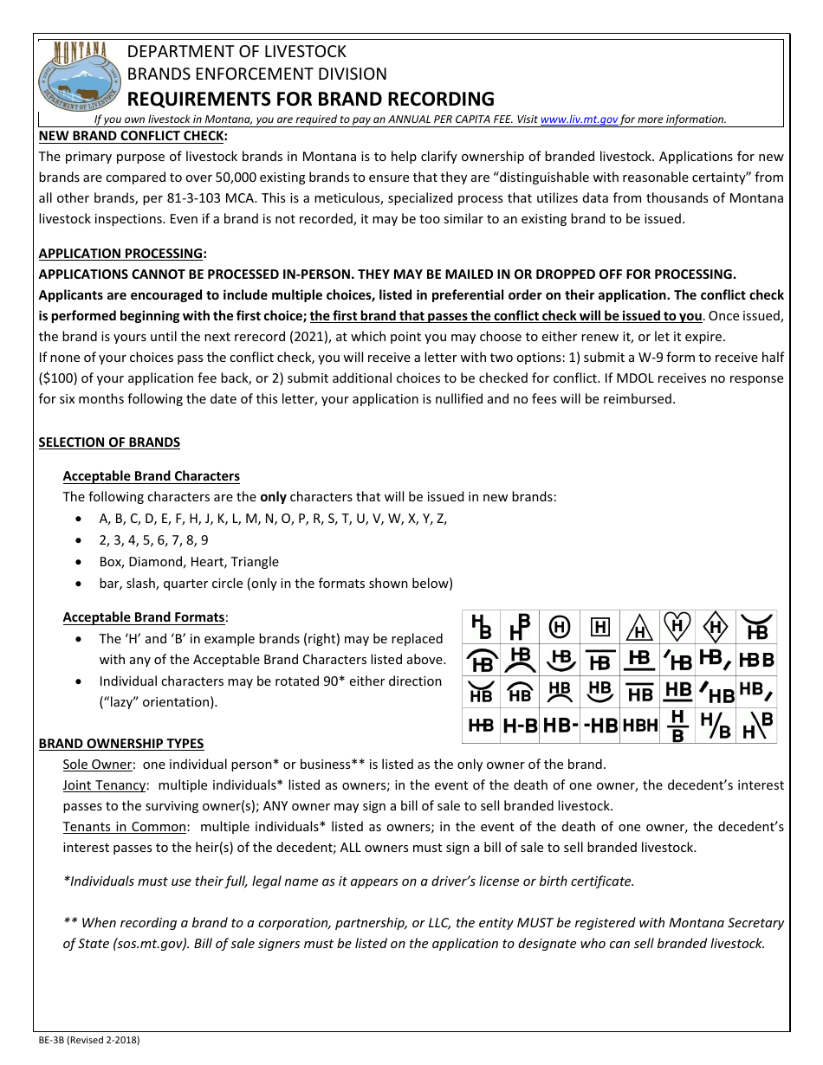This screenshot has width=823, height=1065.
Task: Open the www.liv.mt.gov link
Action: [579, 120]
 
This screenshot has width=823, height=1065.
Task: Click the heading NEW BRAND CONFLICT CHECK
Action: [133, 136]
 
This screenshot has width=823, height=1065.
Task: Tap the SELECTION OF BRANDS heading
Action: [109, 442]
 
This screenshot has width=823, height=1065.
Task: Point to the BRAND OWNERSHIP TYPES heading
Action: [121, 744]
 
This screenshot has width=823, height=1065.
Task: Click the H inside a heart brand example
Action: [677, 626]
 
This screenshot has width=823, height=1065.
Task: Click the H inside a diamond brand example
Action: [716, 626]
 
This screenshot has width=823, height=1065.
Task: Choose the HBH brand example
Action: [639, 726]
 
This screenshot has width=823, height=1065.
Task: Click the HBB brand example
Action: [756, 660]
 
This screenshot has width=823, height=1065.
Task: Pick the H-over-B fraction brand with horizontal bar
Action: [678, 726]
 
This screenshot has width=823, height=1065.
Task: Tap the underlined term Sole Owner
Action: [97, 765]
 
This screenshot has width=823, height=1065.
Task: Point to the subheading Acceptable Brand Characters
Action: [151, 476]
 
